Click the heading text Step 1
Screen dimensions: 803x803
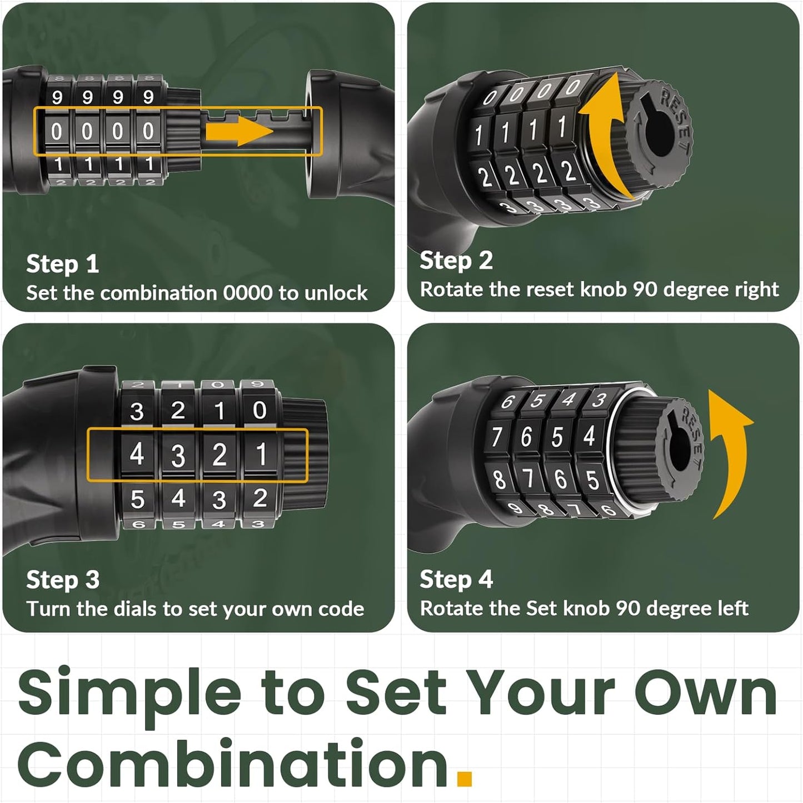coord(62,264)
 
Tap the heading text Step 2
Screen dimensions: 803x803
coord(456,261)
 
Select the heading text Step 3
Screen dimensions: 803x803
coord(62,580)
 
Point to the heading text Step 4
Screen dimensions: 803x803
coord(456,579)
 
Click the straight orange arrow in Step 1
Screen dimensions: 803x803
coord(239,131)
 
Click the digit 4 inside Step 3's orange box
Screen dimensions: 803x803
coord(137,454)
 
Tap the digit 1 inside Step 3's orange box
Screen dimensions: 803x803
coord(261,454)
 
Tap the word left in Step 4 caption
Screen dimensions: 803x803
coord(732,609)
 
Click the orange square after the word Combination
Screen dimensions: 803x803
coord(464,779)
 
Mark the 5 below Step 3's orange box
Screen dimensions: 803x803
coord(137,499)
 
